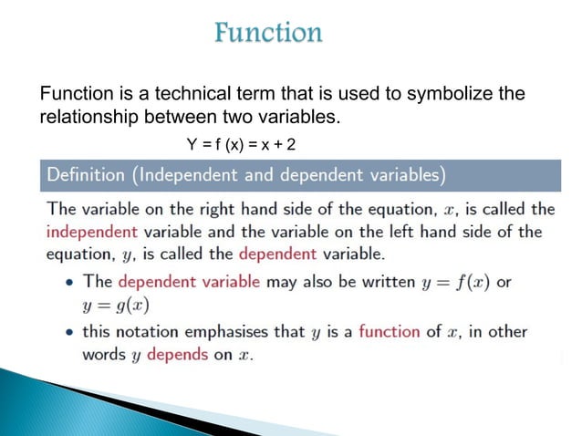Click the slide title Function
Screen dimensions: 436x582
click(x=268, y=34)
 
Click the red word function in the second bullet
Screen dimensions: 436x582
click(x=389, y=331)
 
